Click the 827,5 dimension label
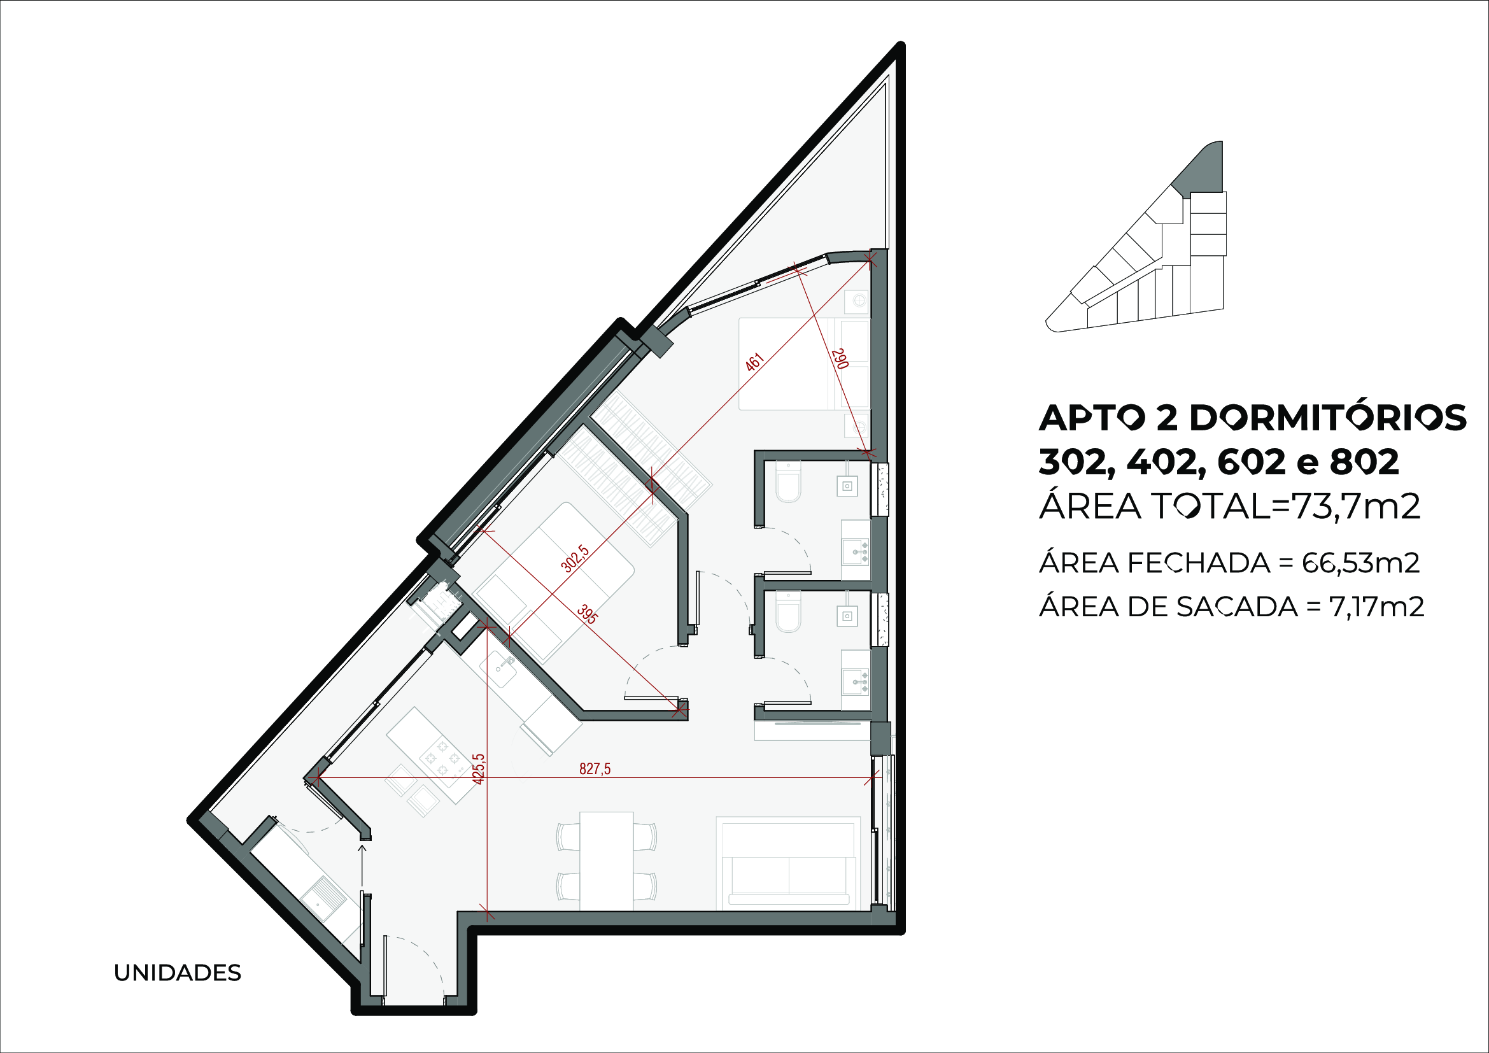pos(595,769)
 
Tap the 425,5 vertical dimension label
pos(479,769)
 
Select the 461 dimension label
pos(754,362)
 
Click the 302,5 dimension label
pos(575,559)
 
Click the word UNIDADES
pos(177,973)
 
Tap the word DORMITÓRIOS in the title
pos(1328,418)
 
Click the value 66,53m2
pos(1360,563)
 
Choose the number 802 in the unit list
pos(1364,463)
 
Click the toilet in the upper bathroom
pos(789,482)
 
